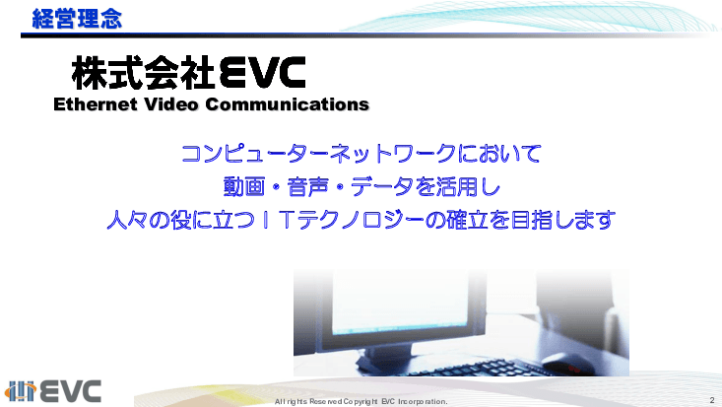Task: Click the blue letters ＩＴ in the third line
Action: pyautogui.click(x=281, y=219)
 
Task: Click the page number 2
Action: pyautogui.click(x=710, y=399)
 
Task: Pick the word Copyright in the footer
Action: pyautogui.click(x=358, y=402)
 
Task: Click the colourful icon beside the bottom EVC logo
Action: pyautogui.click(x=22, y=390)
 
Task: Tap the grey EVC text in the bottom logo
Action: pyautogui.click(x=71, y=390)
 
